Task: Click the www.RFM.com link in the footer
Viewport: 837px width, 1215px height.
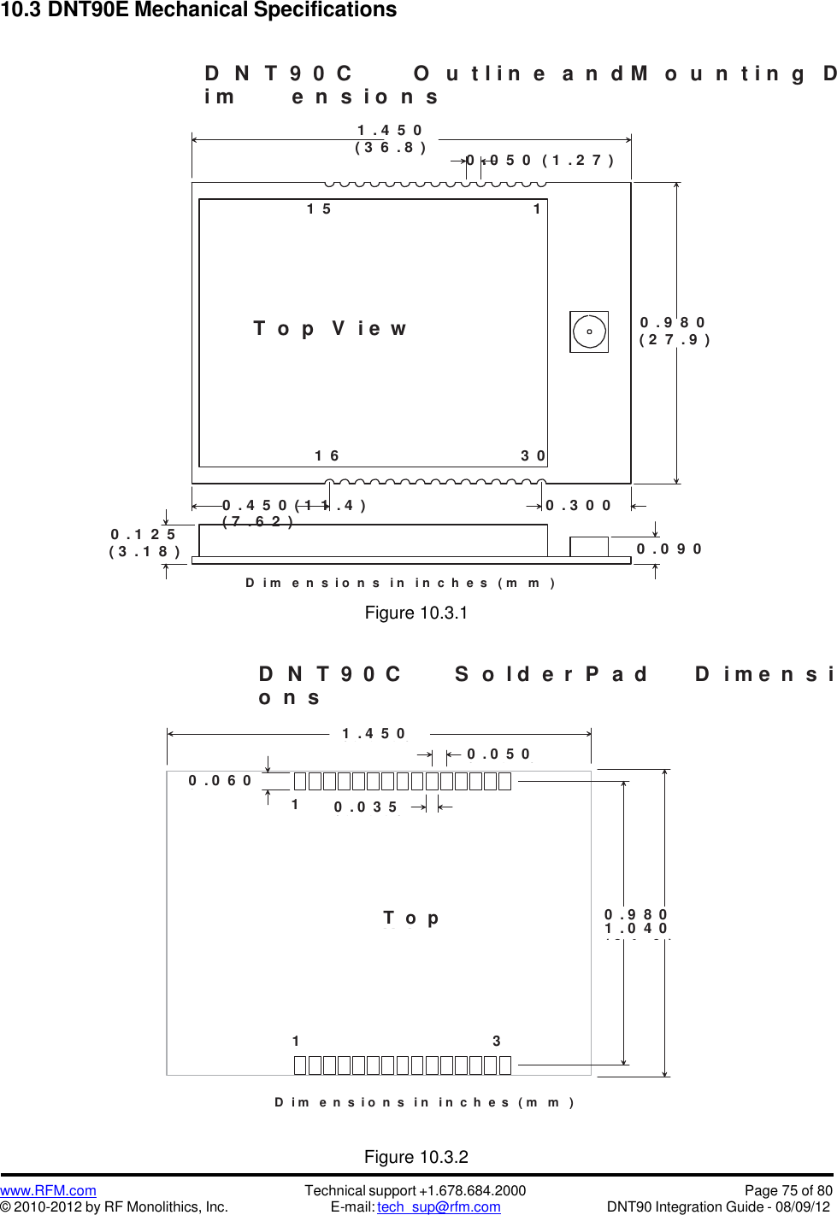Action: point(48,1190)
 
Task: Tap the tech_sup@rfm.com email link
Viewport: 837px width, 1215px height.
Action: point(439,1206)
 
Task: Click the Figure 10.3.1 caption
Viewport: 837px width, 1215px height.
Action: point(416,613)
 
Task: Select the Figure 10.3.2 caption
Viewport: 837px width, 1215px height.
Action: point(416,1157)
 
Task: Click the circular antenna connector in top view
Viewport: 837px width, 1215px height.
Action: point(589,332)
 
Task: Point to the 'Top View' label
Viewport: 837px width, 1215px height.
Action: point(330,329)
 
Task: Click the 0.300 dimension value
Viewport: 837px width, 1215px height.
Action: point(579,506)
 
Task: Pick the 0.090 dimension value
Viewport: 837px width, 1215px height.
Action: point(669,549)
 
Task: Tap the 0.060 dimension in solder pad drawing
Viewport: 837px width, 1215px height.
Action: point(220,781)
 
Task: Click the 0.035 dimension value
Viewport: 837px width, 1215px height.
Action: point(366,807)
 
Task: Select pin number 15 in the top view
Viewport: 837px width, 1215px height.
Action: point(319,209)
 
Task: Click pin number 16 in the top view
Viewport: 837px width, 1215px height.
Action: point(327,456)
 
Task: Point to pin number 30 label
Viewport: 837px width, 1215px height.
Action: point(533,456)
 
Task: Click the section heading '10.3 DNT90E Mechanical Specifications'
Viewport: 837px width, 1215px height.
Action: point(199,10)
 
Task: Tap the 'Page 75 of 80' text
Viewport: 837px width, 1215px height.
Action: point(788,1190)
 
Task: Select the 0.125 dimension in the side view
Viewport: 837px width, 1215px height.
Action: point(143,535)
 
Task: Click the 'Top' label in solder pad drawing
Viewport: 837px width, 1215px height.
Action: point(411,919)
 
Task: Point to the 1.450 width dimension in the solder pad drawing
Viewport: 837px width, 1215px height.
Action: point(374,734)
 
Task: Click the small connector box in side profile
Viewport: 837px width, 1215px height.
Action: point(589,546)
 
